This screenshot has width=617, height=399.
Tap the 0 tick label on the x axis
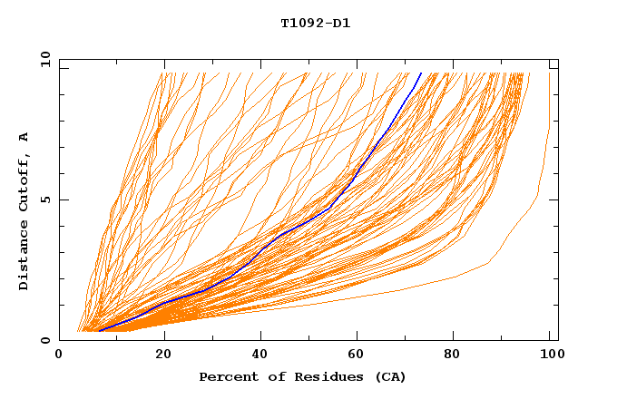pyautogui.click(x=60, y=355)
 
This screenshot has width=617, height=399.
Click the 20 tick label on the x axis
pyautogui.click(x=163, y=355)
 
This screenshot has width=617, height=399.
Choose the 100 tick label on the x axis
pyautogui.click(x=550, y=355)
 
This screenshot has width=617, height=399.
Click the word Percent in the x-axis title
pyautogui.click(x=227, y=377)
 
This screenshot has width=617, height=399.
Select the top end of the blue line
pyautogui.click(x=421, y=73)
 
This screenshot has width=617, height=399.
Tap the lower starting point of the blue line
pyautogui.click(x=99, y=331)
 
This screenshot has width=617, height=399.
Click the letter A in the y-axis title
pyautogui.click(x=24, y=137)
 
